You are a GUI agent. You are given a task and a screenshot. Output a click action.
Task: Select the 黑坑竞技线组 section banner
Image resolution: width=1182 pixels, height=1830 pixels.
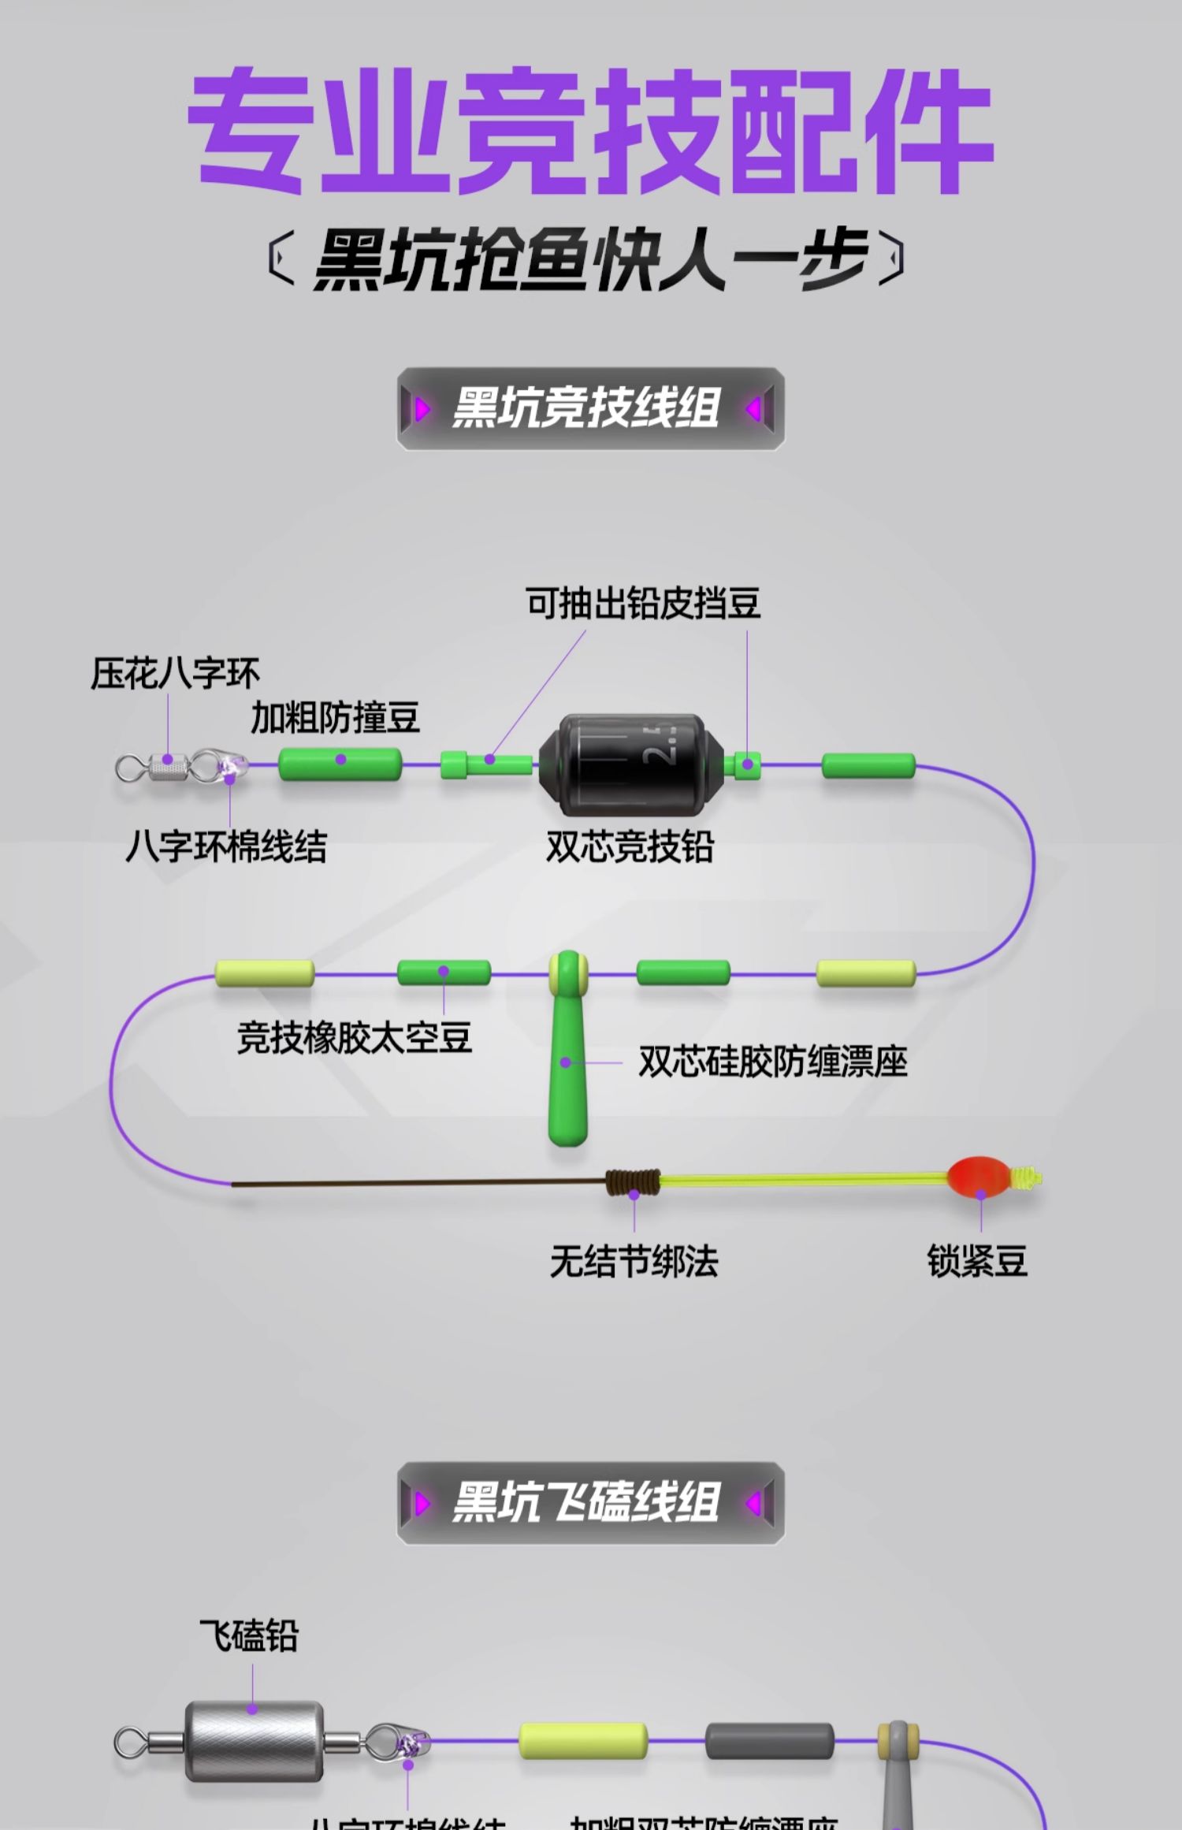(x=589, y=409)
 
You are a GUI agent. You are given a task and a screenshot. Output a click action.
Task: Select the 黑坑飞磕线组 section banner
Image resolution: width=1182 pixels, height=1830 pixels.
(x=589, y=1502)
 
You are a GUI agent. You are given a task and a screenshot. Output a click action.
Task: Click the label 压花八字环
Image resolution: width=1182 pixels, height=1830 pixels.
(x=175, y=674)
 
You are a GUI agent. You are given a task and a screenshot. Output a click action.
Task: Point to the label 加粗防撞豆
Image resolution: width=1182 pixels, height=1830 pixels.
(x=335, y=718)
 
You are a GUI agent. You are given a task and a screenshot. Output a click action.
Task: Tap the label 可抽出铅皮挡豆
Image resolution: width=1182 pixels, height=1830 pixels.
(x=643, y=604)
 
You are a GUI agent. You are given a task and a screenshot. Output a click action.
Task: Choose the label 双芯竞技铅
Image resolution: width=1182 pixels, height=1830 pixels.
(x=630, y=847)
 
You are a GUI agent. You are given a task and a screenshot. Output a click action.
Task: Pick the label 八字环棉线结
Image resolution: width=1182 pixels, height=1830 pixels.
(x=226, y=847)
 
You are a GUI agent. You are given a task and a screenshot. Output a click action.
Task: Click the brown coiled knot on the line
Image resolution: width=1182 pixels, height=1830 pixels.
(x=633, y=1181)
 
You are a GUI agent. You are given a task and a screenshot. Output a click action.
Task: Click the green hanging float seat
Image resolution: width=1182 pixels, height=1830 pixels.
(x=568, y=1056)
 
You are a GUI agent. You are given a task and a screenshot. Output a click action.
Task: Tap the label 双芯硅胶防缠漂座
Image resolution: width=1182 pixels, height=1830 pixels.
(x=772, y=1062)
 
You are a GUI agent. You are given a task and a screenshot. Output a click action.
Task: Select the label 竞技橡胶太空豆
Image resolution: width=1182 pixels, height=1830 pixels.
(x=355, y=1037)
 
